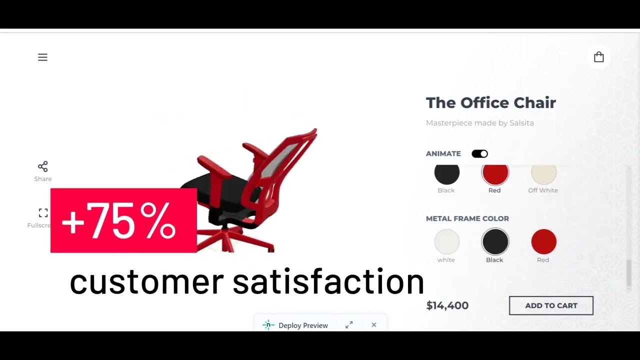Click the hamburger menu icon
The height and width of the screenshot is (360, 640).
[42, 57]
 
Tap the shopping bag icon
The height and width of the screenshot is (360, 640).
[598, 57]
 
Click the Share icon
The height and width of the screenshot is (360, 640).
[43, 166]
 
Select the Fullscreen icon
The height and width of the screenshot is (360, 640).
[43, 213]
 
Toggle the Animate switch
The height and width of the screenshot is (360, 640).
[479, 153]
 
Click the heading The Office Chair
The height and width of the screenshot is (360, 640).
[490, 103]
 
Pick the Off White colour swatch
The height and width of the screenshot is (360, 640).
[543, 174]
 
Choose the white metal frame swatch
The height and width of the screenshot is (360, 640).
[446, 242]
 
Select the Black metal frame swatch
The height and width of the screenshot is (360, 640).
[495, 242]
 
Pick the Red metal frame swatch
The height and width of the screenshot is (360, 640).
[543, 242]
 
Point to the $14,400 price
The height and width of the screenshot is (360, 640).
[447, 305]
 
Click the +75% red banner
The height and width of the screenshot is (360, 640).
[123, 220]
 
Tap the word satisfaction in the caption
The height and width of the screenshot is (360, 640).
[328, 281]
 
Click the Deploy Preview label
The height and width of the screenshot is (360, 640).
[303, 325]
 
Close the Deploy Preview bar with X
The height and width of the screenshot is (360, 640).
[374, 325]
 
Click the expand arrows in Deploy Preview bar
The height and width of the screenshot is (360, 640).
[349, 325]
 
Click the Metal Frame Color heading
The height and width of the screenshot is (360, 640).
[467, 218]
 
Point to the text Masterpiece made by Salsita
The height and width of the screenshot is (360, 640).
[479, 123]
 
